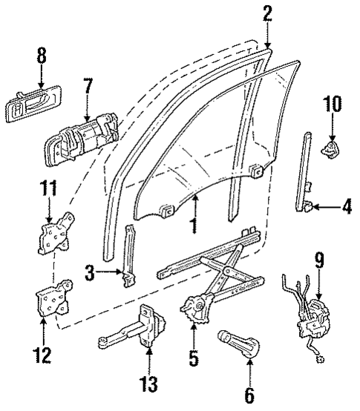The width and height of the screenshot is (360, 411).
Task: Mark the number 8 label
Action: pos(41,56)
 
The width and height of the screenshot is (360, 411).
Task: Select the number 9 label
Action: pos(318,260)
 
